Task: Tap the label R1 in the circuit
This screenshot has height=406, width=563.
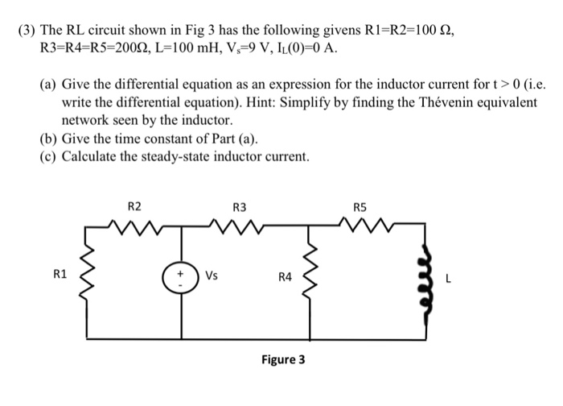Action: [60, 275]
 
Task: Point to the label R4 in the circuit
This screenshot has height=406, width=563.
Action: [284, 278]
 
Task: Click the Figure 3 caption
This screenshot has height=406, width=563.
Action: [283, 359]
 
